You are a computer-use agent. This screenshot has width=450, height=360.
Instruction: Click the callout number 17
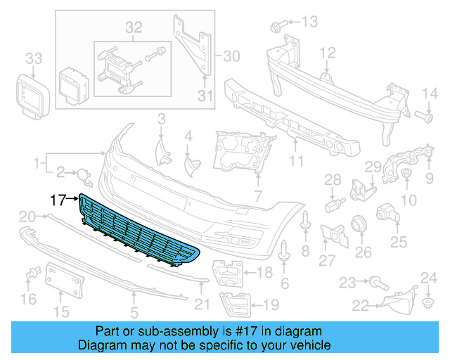59,200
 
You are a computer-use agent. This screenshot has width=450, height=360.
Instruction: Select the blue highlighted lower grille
137,232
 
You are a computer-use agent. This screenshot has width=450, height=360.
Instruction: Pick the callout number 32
134,28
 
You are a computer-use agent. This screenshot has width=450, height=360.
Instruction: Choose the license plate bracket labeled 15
65,280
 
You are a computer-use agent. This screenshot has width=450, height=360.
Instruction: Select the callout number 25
399,243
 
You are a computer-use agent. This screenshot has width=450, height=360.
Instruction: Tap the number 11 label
295,161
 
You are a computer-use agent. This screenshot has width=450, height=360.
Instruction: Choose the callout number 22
361,305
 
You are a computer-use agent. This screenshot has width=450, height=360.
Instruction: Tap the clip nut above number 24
427,304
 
